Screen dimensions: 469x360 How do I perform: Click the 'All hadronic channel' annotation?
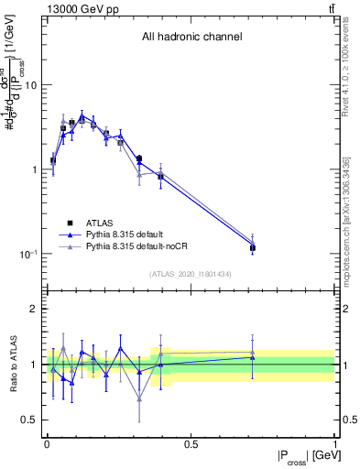[191, 38]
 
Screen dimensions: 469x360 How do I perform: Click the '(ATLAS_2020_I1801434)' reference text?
[191, 274]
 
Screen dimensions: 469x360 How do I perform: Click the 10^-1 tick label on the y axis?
[27, 255]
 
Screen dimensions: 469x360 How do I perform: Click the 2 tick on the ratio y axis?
[34, 309]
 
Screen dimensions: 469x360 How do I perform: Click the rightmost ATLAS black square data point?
[253, 248]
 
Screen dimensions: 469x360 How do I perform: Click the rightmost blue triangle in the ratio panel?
[253, 357]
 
